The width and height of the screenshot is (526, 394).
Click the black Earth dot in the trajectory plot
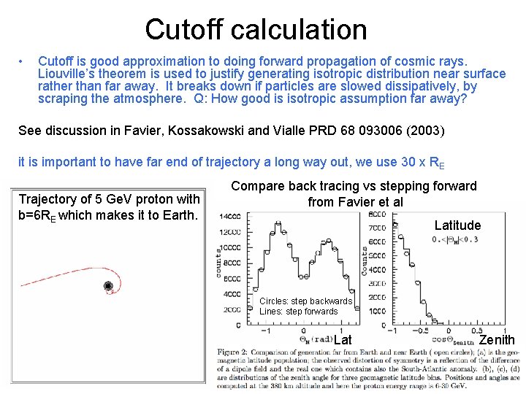[x=109, y=286]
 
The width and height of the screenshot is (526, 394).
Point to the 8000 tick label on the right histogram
[x=378, y=214]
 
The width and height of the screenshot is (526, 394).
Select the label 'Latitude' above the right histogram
[x=457, y=225]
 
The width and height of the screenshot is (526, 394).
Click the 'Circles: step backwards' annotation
[x=305, y=301]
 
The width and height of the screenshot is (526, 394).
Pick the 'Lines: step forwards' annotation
[x=298, y=312]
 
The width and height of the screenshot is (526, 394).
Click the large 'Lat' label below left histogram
[x=343, y=340]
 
